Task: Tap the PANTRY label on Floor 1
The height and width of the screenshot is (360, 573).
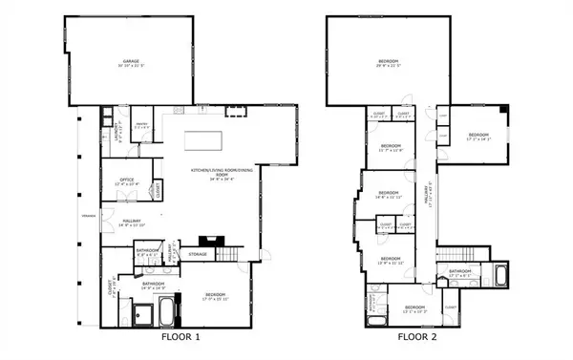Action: pyautogui.click(x=140, y=125)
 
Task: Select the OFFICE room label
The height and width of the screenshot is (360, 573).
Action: pyautogui.click(x=127, y=181)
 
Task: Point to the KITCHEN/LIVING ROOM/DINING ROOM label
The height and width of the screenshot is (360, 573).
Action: pyautogui.click(x=215, y=173)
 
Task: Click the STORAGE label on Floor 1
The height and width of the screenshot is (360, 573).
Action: pyautogui.click(x=198, y=254)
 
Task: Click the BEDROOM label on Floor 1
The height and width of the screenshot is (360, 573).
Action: pyautogui.click(x=215, y=298)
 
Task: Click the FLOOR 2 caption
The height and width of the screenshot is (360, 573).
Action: pyautogui.click(x=418, y=337)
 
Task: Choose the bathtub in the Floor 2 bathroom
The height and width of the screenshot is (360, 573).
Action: pyautogui.click(x=502, y=278)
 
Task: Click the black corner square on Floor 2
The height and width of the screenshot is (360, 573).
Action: pyautogui.click(x=503, y=112)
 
